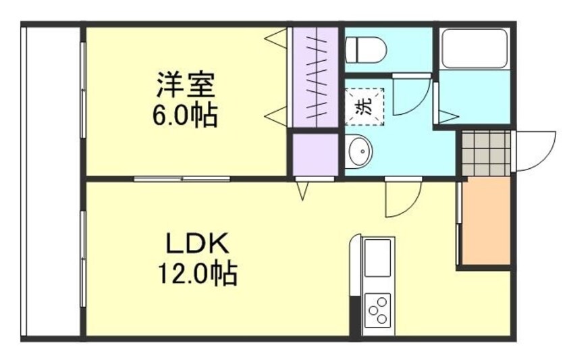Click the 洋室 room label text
point(185,86)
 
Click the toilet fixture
point(365,49)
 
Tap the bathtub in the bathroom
point(473,48)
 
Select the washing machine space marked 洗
point(364,105)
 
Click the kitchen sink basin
point(377,257)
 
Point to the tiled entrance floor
point(486,153)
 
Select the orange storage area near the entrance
point(485,222)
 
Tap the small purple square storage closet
point(314,155)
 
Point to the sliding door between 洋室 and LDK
point(182,178)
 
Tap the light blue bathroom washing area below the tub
point(473,97)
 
